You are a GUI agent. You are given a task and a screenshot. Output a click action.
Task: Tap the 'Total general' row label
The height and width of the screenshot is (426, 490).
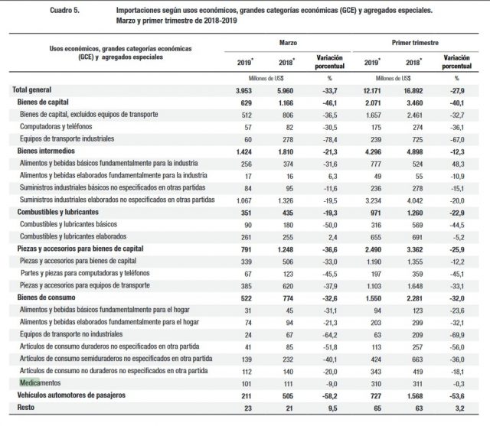(36, 91)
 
